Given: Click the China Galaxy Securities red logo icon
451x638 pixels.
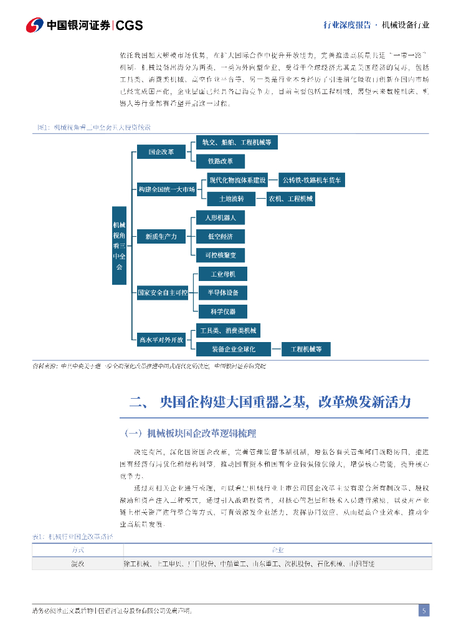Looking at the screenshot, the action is coord(35,25).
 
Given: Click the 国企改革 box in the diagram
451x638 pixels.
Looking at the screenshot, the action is coord(161,151).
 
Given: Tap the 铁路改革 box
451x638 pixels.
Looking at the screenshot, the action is coord(221,161).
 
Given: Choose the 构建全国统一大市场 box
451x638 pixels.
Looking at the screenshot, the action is coord(166,189).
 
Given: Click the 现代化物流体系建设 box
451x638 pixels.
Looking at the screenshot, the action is coord(237,181).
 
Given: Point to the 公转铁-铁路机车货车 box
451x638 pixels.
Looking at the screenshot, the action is coord(311,181).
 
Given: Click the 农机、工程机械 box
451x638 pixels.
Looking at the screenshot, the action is coord(291,199).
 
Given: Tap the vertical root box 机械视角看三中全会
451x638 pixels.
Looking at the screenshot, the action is coord(119,245).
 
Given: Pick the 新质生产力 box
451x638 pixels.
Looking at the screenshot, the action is coord(161,236).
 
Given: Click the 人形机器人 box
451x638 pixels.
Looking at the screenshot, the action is coord(220,217).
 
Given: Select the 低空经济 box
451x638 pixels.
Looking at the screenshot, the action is coord(220,236).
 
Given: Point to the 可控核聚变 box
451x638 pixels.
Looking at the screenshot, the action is coord(220,255).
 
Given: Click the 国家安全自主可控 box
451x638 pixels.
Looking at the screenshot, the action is coord(163,292).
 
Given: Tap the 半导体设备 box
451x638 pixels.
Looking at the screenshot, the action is coord(222,292).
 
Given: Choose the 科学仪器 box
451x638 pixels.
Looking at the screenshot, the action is coord(222,312).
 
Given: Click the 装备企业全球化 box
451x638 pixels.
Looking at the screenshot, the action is coord(233,349).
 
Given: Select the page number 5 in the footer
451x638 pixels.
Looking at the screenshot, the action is coord(424,611).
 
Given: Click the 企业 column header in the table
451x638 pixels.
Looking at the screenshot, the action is coord(277,550).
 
